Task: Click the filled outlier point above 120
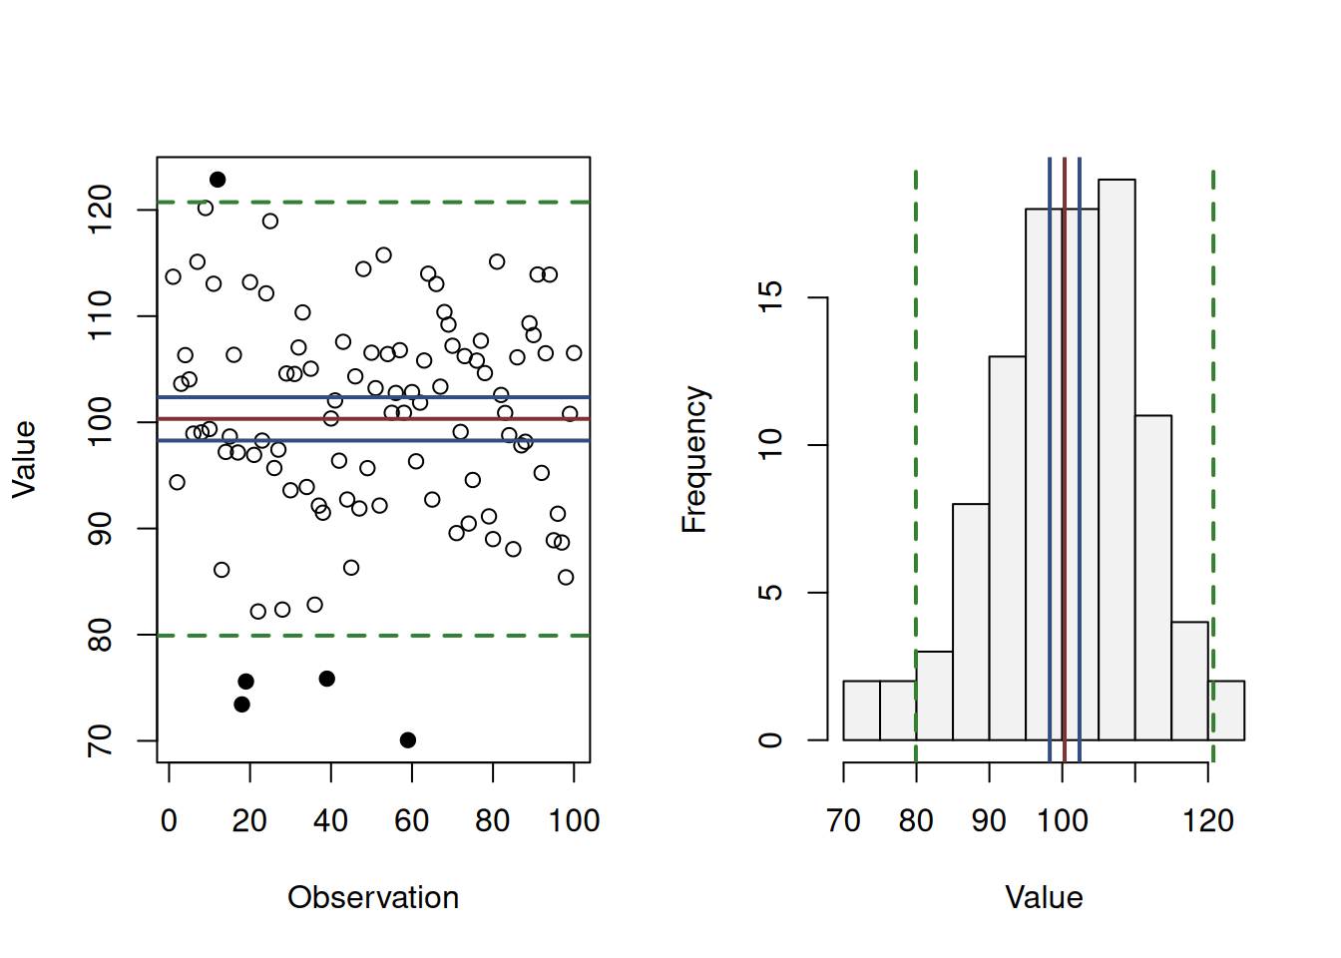[218, 180]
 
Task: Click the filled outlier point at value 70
[408, 740]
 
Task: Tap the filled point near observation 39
[327, 679]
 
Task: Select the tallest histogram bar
[1117, 459]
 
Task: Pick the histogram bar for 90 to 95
[1007, 548]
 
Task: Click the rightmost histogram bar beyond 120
[1226, 711]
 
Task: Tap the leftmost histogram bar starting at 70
[861, 711]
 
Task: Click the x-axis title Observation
[373, 897]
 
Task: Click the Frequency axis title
[694, 459]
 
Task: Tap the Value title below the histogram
[1044, 897]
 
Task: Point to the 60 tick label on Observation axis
[411, 821]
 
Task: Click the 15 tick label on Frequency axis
[770, 297]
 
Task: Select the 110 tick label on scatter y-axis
[100, 316]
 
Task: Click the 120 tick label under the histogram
[1208, 821]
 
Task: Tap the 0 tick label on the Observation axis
[169, 821]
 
